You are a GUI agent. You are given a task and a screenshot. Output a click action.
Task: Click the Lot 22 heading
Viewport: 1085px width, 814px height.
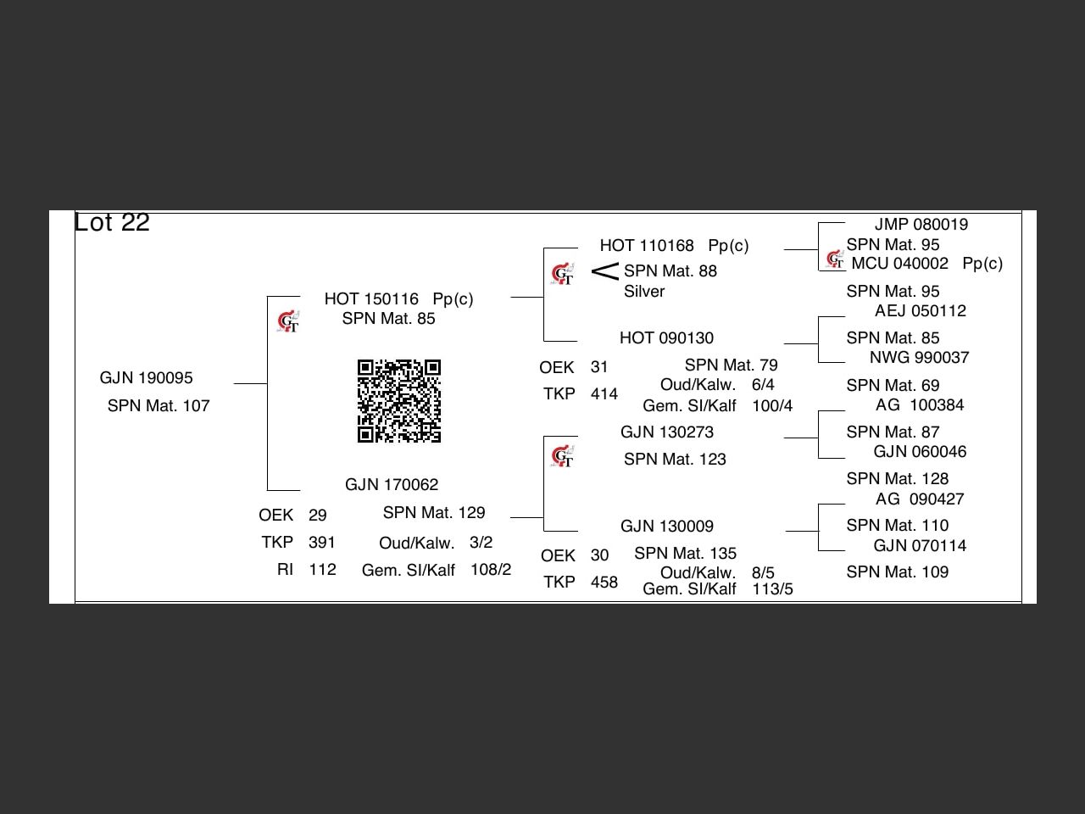pos(112,222)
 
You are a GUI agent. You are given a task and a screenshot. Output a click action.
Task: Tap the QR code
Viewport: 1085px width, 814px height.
pos(399,401)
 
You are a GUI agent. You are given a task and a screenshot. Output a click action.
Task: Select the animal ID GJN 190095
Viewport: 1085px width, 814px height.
pos(146,378)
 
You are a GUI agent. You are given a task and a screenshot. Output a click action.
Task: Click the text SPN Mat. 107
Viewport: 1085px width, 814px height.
pos(159,406)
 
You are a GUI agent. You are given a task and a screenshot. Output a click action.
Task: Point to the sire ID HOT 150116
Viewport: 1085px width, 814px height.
pos(371,299)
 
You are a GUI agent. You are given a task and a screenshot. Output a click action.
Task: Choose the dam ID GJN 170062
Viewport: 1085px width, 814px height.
pos(392,485)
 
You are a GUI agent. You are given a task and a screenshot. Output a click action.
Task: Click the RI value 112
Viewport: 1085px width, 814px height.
pos(322,570)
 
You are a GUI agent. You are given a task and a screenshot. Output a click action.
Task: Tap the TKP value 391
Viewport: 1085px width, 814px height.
pos(322,543)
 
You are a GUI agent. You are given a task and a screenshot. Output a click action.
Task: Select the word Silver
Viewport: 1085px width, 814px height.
pos(644,292)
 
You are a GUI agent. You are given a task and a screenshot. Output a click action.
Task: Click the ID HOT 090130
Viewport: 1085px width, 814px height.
pos(666,338)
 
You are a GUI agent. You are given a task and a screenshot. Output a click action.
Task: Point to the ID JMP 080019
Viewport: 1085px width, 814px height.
pos(921,225)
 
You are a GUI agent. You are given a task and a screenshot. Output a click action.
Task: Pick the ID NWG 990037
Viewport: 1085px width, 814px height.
pos(919,358)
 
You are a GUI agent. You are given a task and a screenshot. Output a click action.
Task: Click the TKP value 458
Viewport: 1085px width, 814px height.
pos(604,583)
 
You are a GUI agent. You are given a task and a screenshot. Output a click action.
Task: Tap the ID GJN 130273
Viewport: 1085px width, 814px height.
pos(667,432)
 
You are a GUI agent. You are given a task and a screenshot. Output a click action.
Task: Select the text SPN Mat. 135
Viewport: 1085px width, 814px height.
pos(685,554)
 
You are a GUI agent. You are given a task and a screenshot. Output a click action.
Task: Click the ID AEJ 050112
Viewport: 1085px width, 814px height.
pos(921,311)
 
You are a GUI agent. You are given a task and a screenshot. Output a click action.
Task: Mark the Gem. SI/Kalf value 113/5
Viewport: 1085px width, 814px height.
pos(772,589)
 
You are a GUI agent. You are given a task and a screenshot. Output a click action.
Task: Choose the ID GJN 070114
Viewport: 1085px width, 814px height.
pos(920,546)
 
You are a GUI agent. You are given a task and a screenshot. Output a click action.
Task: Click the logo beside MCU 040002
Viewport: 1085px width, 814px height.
pos(835,259)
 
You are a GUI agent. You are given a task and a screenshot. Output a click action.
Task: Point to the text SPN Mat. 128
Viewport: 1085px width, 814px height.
pos(897,479)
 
